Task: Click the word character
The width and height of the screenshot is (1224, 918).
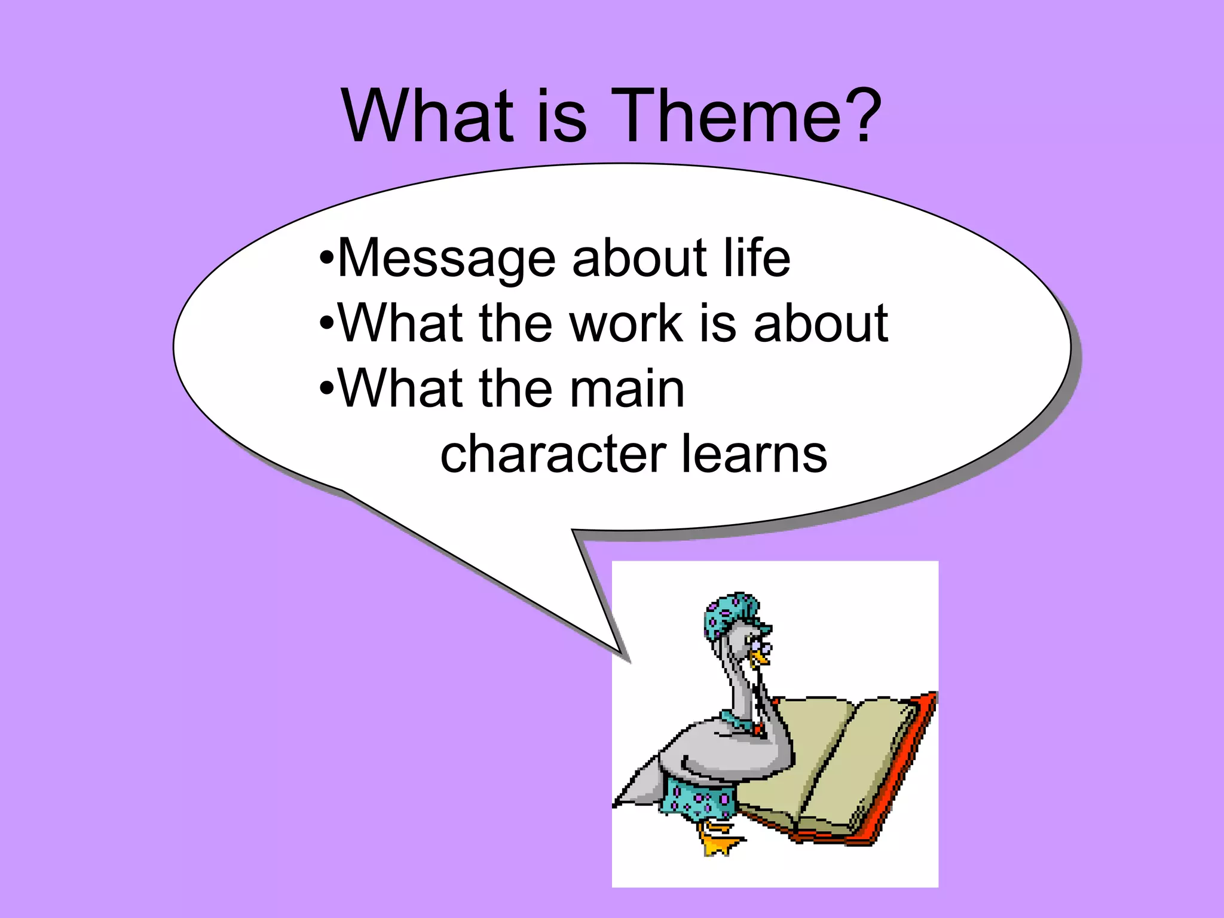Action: point(553,455)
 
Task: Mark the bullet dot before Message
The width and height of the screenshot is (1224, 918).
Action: point(326,259)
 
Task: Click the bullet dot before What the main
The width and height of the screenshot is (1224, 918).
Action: point(326,389)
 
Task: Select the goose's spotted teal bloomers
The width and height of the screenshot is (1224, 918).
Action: point(696,798)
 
